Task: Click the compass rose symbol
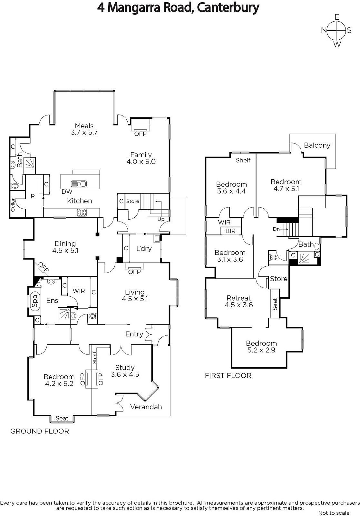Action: point(336,31)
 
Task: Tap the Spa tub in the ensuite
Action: point(34,301)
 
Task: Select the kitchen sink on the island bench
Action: point(79,184)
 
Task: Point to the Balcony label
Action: point(317,145)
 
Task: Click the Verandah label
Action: point(146,407)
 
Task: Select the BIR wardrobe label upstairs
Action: point(230,231)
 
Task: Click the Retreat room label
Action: point(238,298)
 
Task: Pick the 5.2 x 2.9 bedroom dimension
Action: point(261,350)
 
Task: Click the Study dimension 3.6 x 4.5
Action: point(125,374)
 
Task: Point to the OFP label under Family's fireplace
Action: point(140,134)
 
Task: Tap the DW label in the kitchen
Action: point(67,192)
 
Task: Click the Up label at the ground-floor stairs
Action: point(161,219)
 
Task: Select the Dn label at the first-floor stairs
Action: point(276,229)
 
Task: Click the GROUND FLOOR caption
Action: point(40,431)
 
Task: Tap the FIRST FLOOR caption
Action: point(228,375)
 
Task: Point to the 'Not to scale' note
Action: point(334,513)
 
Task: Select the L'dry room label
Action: point(144,248)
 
